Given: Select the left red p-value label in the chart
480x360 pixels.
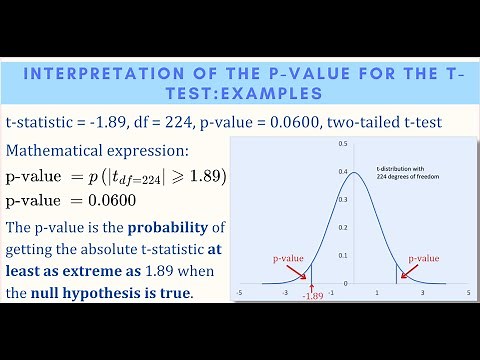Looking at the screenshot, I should point(288,258).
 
